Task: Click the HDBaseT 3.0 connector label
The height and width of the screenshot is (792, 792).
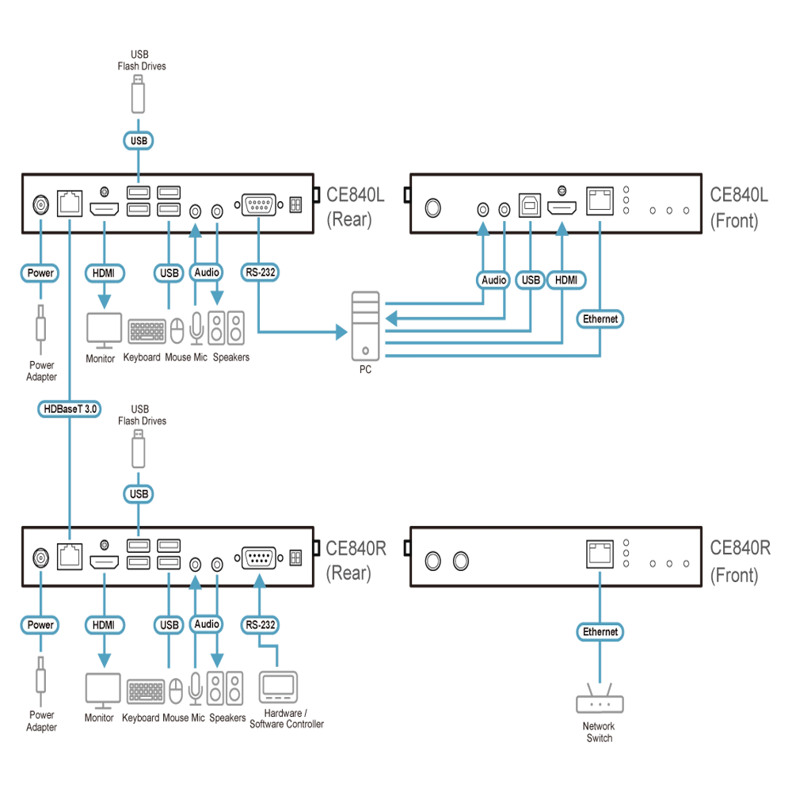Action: [x=69, y=409]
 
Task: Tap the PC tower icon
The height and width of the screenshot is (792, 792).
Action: [x=365, y=326]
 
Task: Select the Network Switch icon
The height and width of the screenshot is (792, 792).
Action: [x=600, y=699]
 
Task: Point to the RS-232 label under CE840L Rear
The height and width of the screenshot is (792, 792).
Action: [x=260, y=272]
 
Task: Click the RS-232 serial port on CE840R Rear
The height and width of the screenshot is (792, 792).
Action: [x=259, y=558]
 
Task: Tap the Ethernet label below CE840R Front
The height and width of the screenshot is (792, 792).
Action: [x=600, y=631]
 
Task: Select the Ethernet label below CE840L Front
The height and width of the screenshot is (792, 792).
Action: [x=600, y=318]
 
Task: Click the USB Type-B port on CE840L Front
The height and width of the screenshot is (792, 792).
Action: [x=530, y=205]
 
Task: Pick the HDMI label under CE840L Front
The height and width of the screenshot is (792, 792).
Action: [x=565, y=280]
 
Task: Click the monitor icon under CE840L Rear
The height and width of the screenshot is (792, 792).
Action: [x=104, y=330]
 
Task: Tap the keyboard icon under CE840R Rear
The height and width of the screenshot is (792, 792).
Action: [x=146, y=691]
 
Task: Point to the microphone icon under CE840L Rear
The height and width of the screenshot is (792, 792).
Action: [x=196, y=328]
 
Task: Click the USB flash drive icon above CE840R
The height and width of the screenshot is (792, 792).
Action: [x=139, y=449]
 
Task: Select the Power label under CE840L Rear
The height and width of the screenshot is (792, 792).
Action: [x=40, y=272]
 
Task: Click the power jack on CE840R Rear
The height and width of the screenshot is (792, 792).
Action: [x=40, y=558]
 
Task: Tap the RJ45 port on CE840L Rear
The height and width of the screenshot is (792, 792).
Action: [x=70, y=204]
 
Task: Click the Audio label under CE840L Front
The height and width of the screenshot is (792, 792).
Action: [x=493, y=280]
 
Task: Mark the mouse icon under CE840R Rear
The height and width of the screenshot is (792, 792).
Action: [x=175, y=691]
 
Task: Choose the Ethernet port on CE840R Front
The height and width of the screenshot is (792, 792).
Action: [x=600, y=554]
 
